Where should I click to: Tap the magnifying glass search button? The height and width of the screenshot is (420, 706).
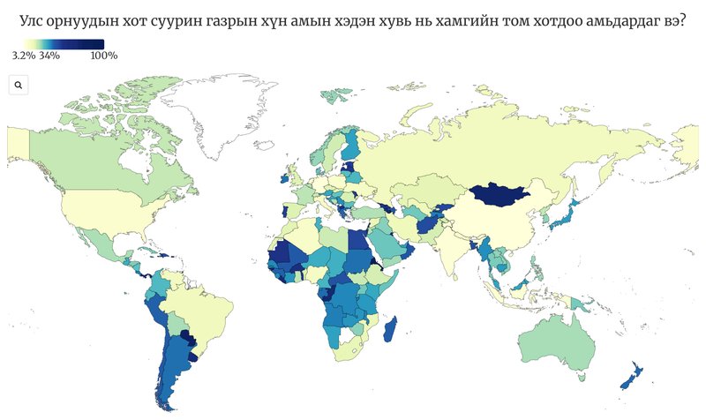(x=19, y=85)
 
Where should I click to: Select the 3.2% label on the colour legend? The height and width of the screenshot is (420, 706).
(x=23, y=56)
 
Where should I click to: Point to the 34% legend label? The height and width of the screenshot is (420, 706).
(x=49, y=56)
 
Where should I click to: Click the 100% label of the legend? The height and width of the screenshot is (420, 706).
(x=104, y=56)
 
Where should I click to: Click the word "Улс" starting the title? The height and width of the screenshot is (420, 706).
(x=35, y=19)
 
